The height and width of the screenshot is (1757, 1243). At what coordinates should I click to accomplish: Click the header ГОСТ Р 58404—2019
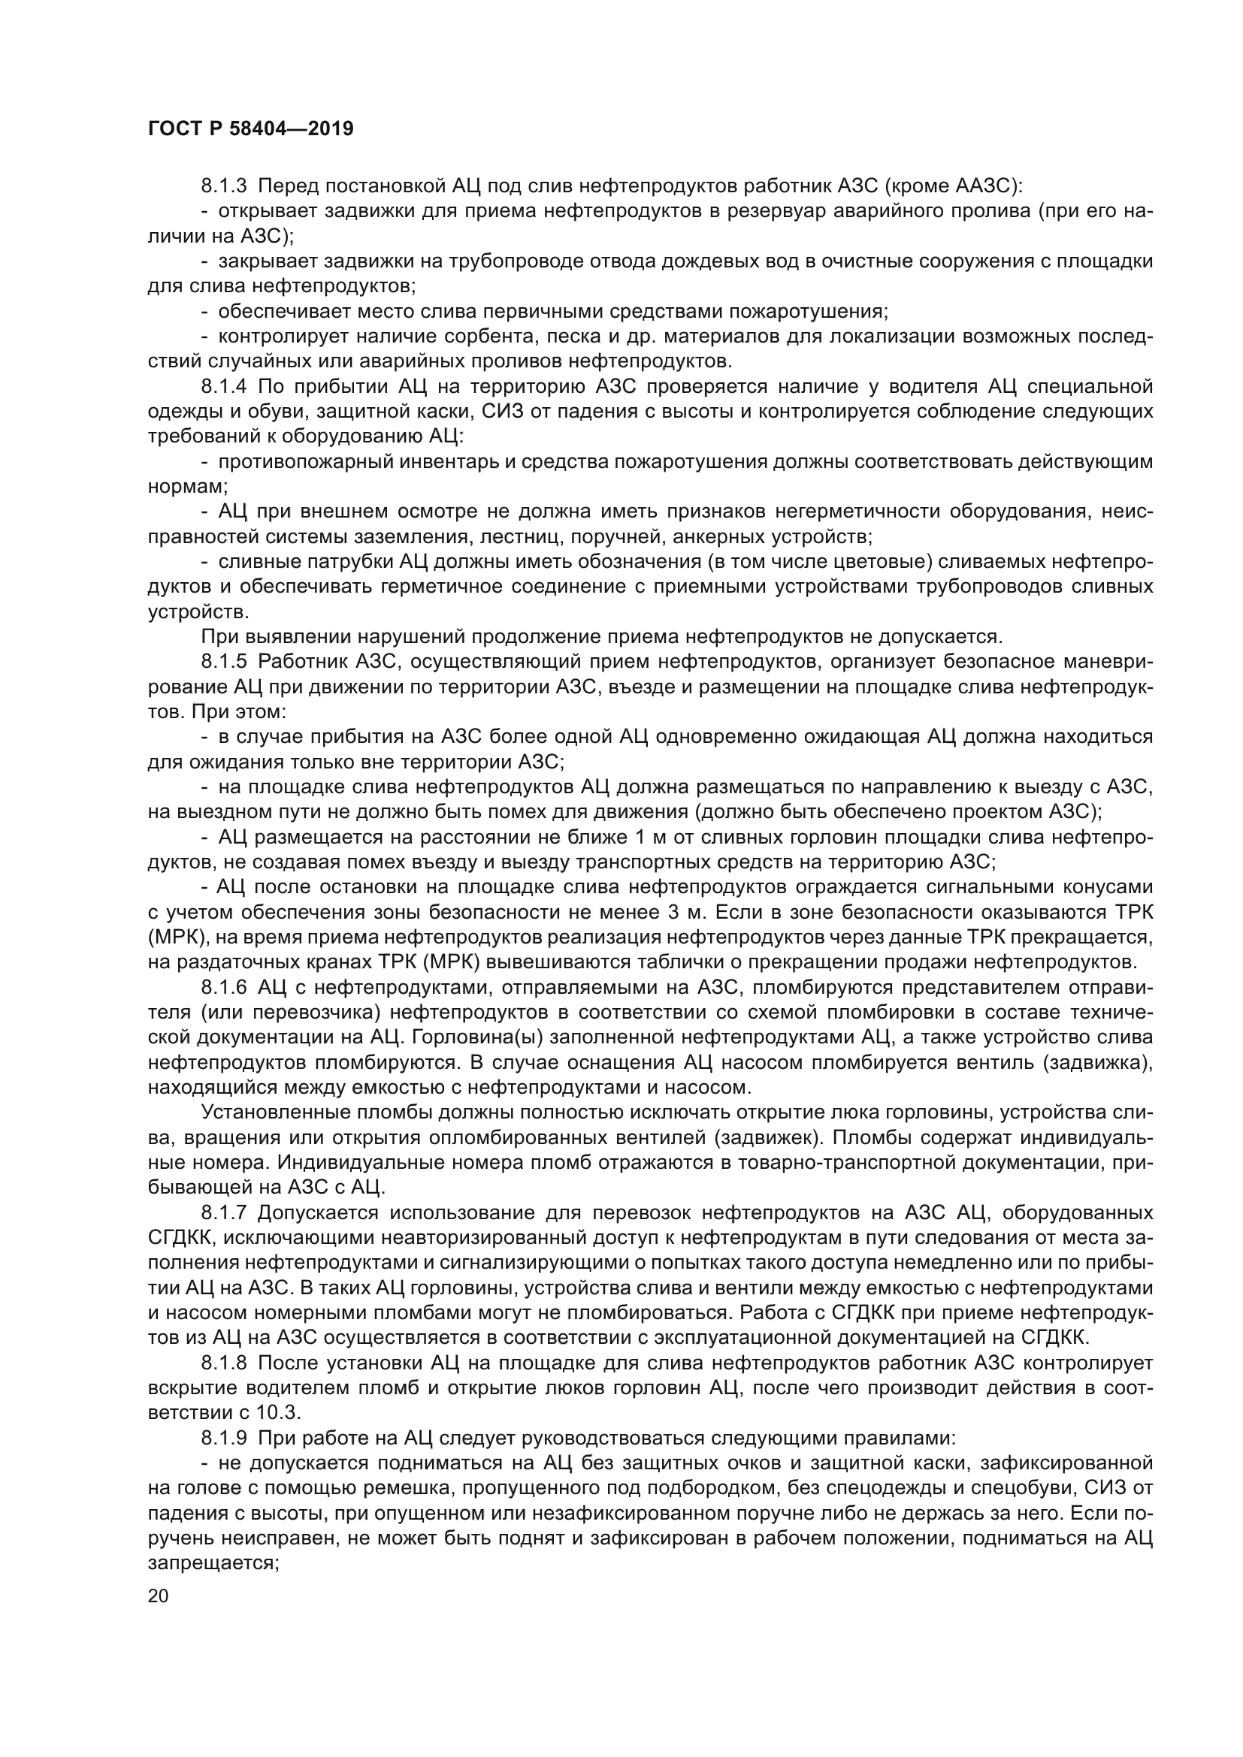coord(250,128)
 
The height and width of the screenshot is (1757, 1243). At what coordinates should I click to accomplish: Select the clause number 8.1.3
coord(223,186)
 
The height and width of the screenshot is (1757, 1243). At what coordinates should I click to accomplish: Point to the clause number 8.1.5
coord(223,661)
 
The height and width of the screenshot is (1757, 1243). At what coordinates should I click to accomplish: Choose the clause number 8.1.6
coord(223,987)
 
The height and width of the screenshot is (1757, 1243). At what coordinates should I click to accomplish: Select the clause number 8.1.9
coord(223,1438)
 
